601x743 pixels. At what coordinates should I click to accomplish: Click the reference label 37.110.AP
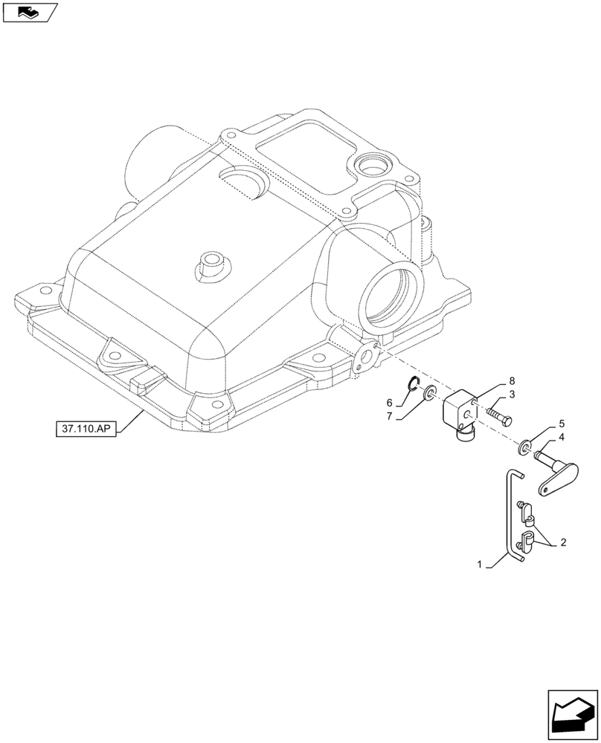pos(86,429)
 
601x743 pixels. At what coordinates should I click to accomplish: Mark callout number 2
pos(563,542)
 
